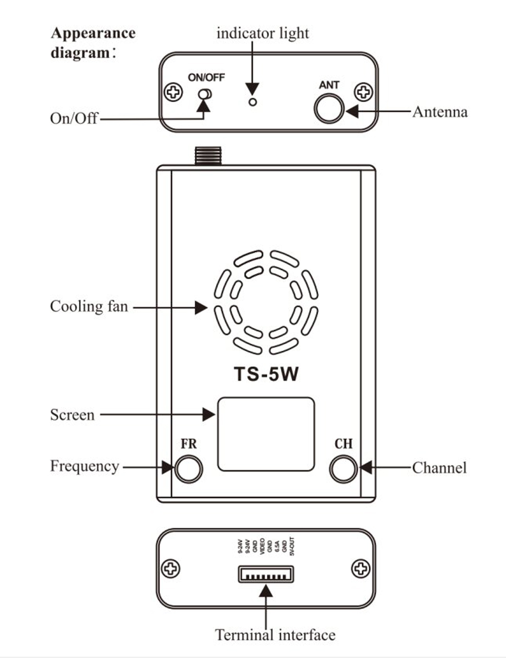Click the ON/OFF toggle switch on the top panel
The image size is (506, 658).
coord(205,94)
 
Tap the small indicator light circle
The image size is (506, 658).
coord(253,102)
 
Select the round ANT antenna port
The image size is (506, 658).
coord(329,108)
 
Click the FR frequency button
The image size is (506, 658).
coord(188,468)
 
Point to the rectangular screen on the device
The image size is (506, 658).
coord(266,434)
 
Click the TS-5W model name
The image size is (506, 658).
coord(266,374)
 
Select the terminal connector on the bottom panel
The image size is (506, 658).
coord(266,574)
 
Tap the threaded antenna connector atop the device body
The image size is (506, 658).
coord(208,156)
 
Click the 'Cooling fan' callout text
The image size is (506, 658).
coord(89,307)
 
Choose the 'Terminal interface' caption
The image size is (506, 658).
coord(275,635)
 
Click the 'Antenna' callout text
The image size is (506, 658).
coord(440,112)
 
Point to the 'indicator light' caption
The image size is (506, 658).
coord(262,33)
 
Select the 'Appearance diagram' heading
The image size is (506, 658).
coord(93,43)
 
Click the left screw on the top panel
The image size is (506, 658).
coord(174,92)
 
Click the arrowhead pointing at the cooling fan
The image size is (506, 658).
coord(201,307)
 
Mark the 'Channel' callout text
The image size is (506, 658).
coord(439,468)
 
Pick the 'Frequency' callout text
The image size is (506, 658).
coord(85,466)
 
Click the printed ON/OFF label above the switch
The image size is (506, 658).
coord(206,77)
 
